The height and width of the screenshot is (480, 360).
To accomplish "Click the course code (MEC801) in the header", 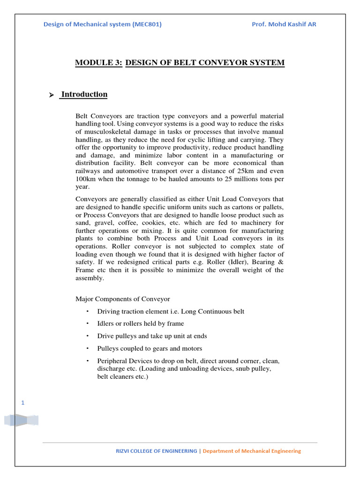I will [147, 24].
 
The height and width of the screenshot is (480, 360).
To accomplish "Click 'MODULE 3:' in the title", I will [99, 63].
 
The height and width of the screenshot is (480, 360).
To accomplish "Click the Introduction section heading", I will [84, 94].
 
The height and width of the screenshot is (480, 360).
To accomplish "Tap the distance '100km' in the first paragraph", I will [85, 179].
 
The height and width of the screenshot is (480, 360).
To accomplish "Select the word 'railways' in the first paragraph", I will [89, 171].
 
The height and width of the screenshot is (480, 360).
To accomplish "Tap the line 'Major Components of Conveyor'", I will [123, 299].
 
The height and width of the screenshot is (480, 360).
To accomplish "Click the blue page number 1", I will [22, 403].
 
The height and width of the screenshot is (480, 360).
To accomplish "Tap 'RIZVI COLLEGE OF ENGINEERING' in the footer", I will [157, 451].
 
